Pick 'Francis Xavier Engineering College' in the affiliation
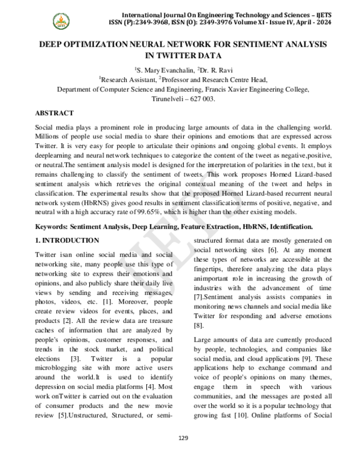tap(253, 89)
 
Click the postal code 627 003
tap(203, 98)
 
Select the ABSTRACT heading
tap(55, 114)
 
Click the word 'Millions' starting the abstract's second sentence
tap(49, 137)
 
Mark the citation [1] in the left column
tap(107, 301)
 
